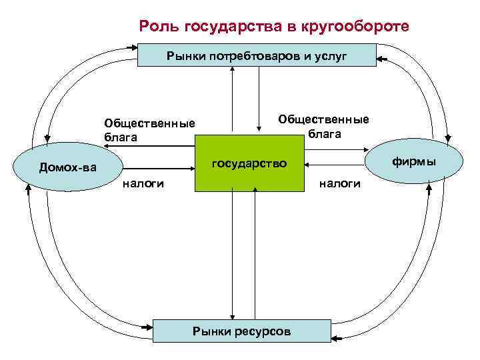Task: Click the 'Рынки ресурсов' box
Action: coord(241,331)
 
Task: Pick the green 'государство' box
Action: coord(249,163)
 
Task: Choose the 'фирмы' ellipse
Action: coord(414,161)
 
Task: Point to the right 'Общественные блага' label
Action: coord(324,126)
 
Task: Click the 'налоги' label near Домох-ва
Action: coord(143,183)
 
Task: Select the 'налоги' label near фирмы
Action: coord(340,183)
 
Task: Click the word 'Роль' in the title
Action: coord(159,27)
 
